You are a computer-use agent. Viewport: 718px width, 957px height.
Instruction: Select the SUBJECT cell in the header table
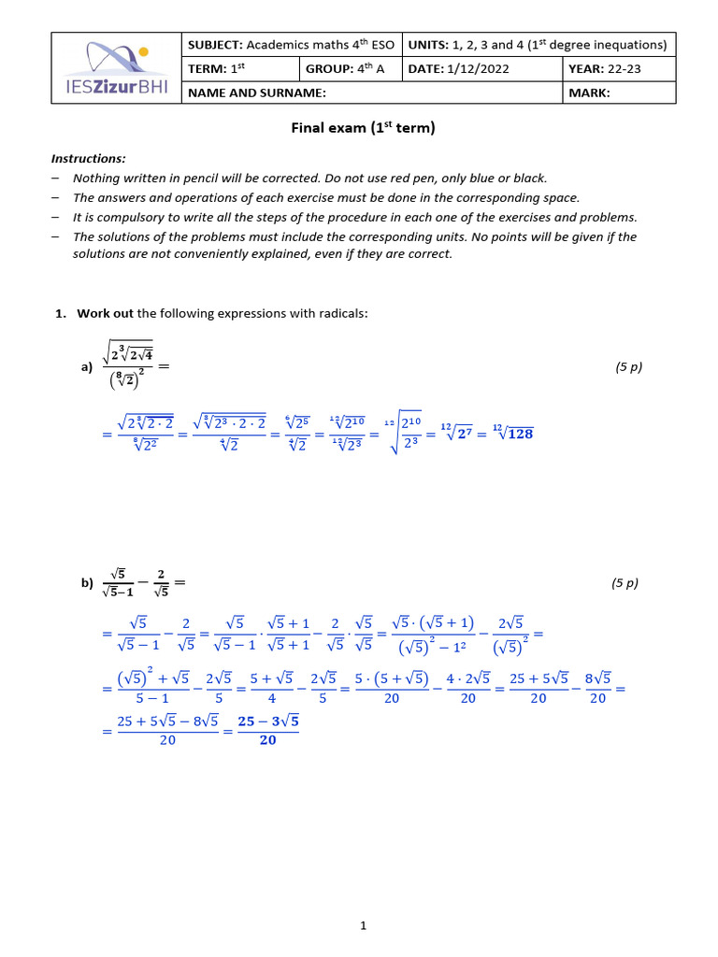click(291, 45)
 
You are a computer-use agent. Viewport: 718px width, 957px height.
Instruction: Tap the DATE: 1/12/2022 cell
click(482, 69)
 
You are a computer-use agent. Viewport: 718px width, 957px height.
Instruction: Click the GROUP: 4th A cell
click(350, 69)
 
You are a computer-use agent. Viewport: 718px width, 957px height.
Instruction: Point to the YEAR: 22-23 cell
click(619, 69)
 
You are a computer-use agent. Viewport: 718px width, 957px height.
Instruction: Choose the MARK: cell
click(619, 93)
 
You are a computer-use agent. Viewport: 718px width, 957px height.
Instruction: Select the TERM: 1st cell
click(240, 69)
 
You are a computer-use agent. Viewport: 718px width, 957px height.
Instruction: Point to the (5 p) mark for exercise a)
click(628, 367)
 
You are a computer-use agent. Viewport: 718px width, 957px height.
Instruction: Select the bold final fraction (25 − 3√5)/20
click(268, 731)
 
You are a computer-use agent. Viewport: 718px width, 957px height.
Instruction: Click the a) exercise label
click(87, 368)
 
